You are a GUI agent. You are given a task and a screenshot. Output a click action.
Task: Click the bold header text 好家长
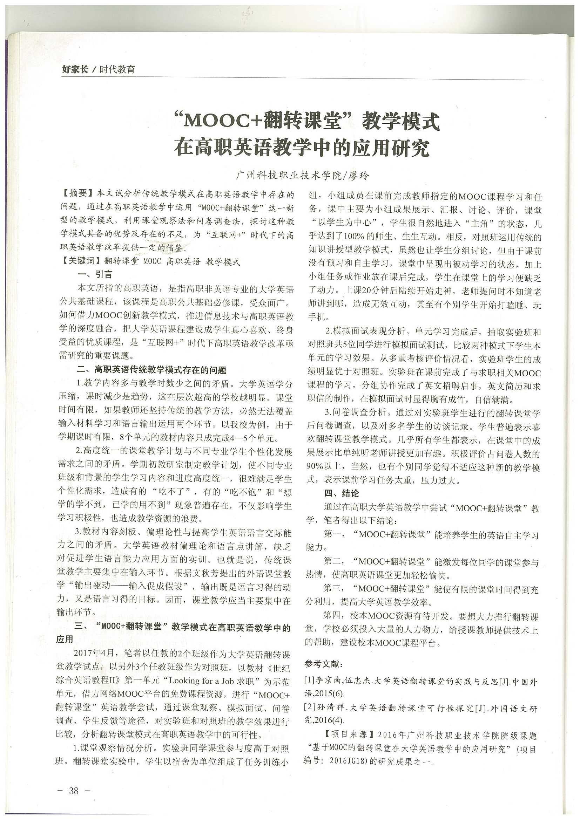click(75, 70)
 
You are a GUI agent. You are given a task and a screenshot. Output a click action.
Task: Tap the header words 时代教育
click(117, 70)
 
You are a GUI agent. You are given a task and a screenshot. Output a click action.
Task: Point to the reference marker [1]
click(310, 681)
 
